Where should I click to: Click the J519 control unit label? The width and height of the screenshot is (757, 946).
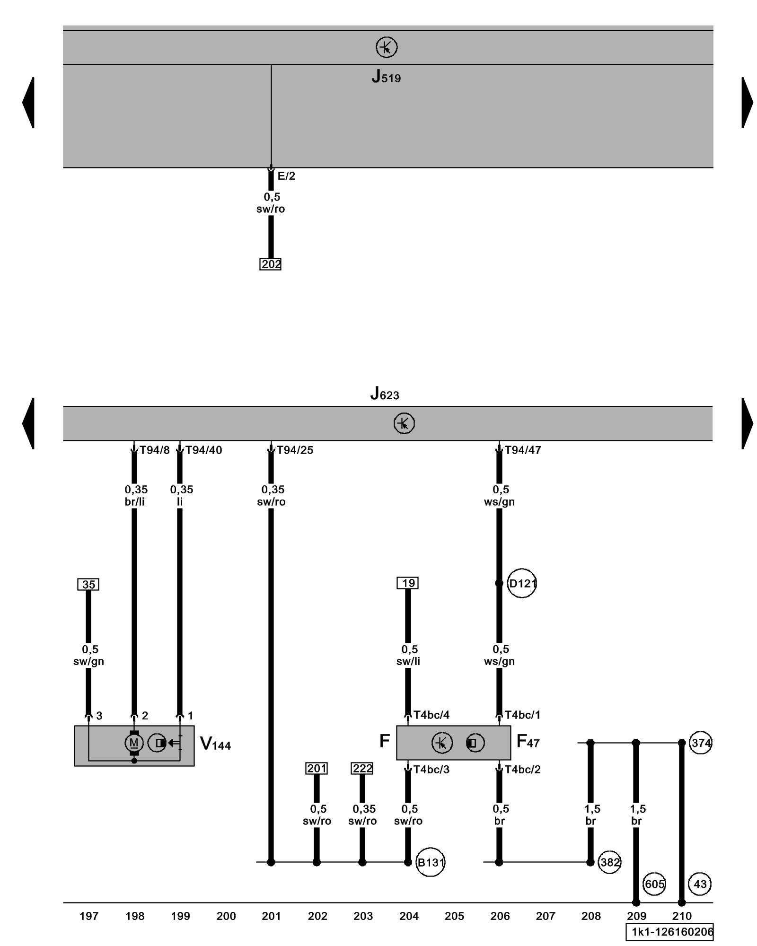pos(386,77)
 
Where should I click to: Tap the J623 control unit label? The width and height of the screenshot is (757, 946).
pos(384,394)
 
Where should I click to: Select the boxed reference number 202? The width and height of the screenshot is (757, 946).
pos(271,264)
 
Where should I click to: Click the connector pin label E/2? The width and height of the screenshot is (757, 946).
pos(286,176)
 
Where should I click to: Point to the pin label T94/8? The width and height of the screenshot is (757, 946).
pos(154,450)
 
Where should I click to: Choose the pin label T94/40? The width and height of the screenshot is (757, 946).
pos(203,450)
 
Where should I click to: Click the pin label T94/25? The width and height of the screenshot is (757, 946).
pos(295,450)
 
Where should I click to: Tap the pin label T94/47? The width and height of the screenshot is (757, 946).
pos(523,450)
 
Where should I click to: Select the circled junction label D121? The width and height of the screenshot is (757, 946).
pos(522,583)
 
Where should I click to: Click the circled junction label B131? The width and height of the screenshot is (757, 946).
pos(430,862)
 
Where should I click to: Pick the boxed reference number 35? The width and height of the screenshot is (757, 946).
pos(88,585)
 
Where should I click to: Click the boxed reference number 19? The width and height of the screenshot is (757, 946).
pos(408,583)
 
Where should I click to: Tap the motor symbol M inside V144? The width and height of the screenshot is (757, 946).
pos(134,743)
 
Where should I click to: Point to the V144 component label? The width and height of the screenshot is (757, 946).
pos(215,744)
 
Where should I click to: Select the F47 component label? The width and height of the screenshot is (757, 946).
pos(528,741)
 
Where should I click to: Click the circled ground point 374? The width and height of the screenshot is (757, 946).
pos(700,743)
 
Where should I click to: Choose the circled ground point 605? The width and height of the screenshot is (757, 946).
pos(654,884)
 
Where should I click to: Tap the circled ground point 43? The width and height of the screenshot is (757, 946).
pos(700,884)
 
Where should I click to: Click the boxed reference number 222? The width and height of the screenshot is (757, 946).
pos(362,769)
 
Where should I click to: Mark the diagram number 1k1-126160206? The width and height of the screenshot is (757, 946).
pos(669,932)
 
